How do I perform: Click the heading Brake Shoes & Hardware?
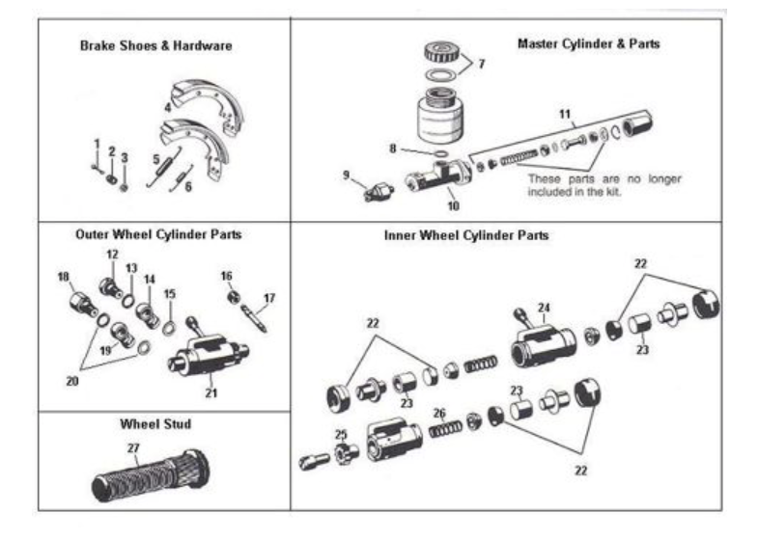coord(155,45)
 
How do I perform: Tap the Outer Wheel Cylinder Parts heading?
coord(157,233)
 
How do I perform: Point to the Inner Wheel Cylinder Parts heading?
coord(466,234)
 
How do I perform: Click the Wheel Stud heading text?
coord(154,423)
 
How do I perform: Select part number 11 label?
coord(565,113)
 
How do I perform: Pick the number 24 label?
coord(544,308)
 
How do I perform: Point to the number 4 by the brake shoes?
coord(167,108)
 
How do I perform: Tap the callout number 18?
coord(64,277)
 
